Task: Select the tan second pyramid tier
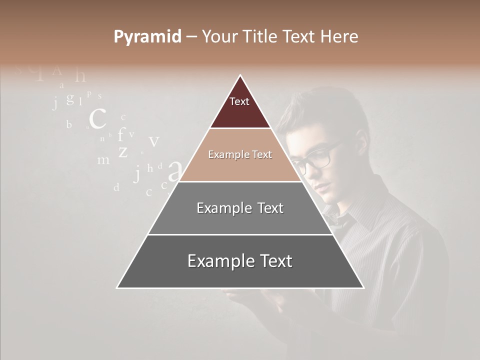tap(240, 155)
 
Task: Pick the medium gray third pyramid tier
tap(240, 208)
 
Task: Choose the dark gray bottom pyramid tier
tap(240, 261)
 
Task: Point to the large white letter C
tap(97, 119)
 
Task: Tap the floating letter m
tap(103, 160)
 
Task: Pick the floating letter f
tap(120, 134)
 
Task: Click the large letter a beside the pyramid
tap(174, 171)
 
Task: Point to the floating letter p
tap(89, 93)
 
